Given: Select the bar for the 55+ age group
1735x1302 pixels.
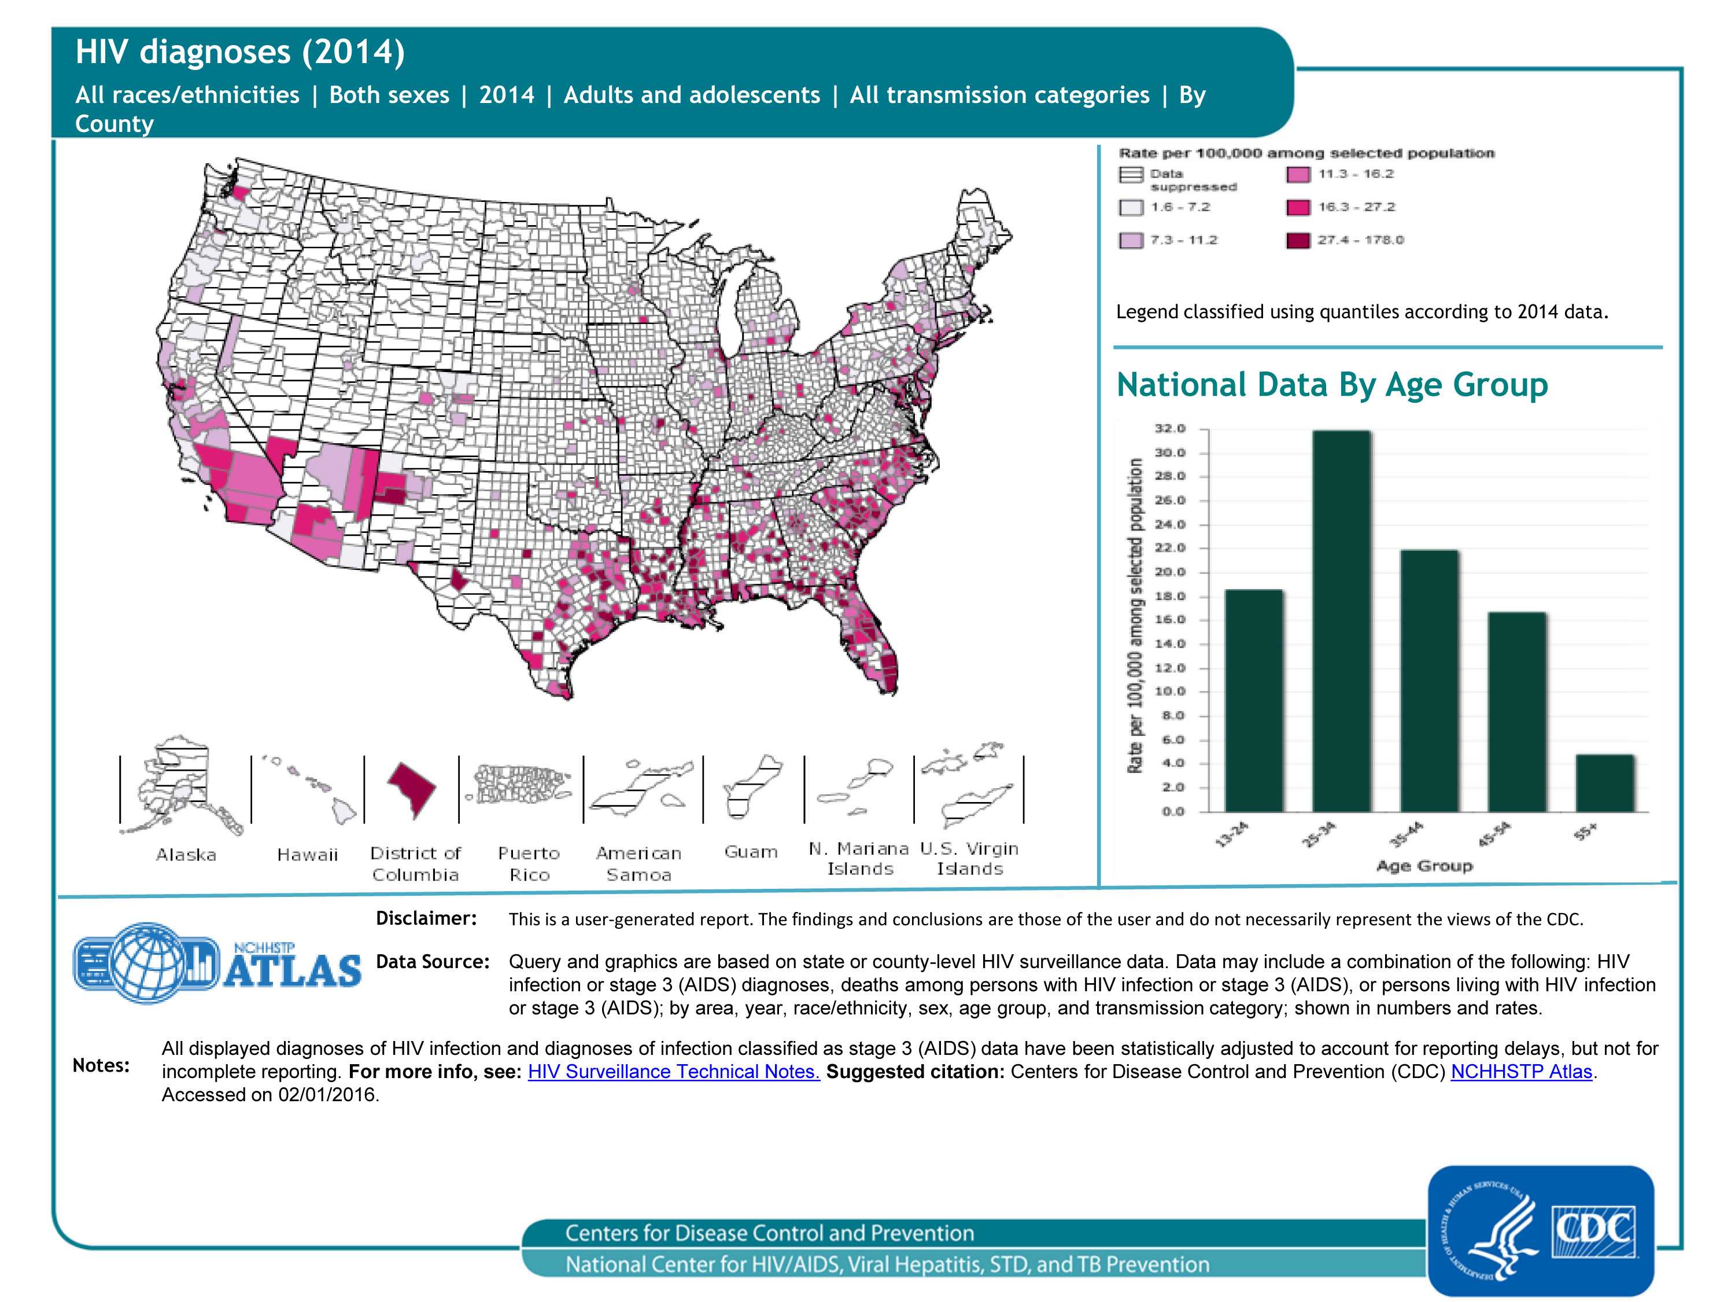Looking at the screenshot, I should click(1605, 782).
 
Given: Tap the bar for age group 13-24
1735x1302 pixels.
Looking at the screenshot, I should click(1253, 700).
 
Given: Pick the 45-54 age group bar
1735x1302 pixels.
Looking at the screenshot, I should click(1517, 711).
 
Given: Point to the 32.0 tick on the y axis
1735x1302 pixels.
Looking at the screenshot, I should click(1169, 429).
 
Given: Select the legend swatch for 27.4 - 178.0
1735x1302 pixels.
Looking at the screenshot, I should click(1298, 240).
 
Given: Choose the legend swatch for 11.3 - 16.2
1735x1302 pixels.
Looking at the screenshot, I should click(1298, 174).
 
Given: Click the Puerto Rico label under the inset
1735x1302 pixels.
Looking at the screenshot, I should click(529, 863).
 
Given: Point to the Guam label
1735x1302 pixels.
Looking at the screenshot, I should click(751, 852).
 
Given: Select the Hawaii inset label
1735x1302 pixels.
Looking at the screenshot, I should click(307, 855).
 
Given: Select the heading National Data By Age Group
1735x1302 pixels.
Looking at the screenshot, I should click(1332, 385).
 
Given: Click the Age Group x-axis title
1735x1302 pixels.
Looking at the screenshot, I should click(1424, 866).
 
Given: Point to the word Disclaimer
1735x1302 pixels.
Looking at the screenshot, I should click(426, 918).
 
